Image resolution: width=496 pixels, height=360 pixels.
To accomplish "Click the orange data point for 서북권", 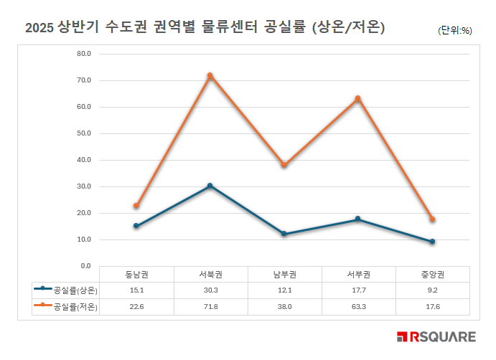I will (210, 75).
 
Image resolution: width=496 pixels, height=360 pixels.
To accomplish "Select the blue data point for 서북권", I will (210, 186).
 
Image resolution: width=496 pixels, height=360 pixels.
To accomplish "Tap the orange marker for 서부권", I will (357, 98).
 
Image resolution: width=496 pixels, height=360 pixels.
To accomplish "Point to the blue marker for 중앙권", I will (432, 242).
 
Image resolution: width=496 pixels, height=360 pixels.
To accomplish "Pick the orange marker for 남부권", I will (284, 165).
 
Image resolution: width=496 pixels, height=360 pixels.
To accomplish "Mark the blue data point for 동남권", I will (136, 226).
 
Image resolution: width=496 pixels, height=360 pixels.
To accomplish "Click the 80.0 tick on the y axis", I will (83, 54).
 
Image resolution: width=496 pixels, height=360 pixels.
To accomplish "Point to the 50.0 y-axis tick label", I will (83, 133).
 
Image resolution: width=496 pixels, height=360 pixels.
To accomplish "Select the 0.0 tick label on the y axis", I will (85, 266).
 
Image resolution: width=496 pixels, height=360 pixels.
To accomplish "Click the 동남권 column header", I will (136, 275).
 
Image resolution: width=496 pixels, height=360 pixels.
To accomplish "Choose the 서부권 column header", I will (358, 275).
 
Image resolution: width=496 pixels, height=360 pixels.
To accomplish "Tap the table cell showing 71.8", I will (210, 307).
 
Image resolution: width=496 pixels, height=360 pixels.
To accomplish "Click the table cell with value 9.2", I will (433, 290).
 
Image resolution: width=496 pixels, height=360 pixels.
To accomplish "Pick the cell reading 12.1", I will (284, 290).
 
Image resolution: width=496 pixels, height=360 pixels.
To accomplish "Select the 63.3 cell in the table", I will (358, 307).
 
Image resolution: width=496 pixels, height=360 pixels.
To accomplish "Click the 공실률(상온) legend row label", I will (75, 290).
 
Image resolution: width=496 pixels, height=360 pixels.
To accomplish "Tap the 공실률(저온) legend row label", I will (75, 307).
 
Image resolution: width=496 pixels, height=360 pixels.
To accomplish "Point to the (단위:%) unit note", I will (454, 30).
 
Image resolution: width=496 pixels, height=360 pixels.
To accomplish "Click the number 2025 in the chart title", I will (39, 28).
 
